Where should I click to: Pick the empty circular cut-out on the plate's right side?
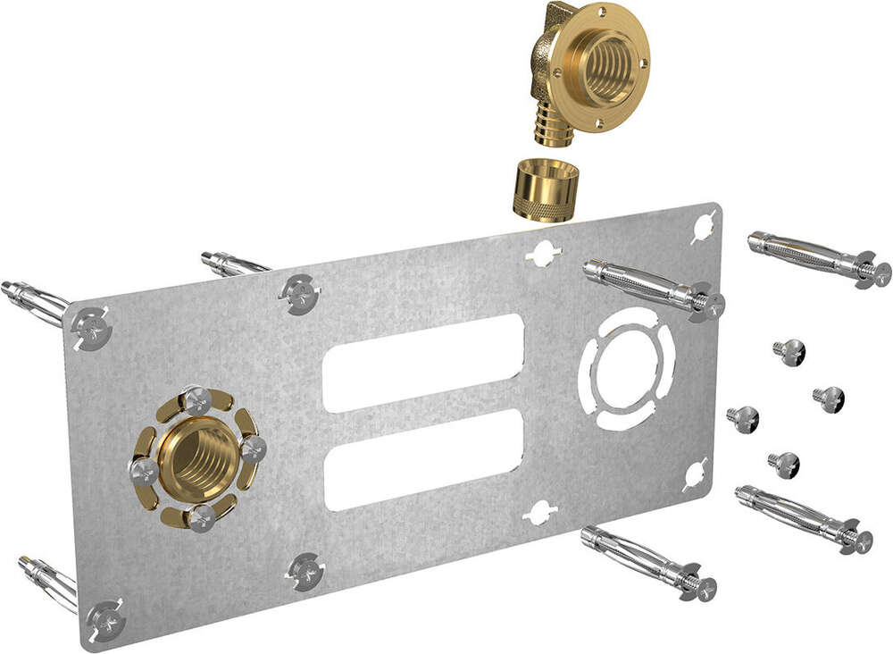(x=626, y=368)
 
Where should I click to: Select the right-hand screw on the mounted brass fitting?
(x=253, y=448)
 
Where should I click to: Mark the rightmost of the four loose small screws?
(x=830, y=395)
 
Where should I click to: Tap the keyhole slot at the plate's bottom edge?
(x=540, y=513)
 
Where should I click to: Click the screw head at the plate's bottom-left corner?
(x=105, y=617)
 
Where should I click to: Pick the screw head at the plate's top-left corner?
(x=91, y=327)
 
